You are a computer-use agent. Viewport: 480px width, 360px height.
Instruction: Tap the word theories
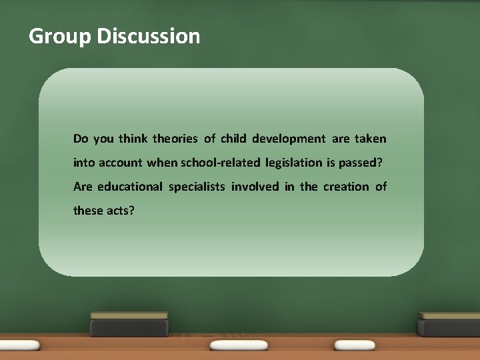tap(175, 139)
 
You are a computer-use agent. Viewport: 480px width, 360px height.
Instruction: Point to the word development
tap(289, 139)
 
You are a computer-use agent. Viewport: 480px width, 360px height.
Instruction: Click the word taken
tap(370, 139)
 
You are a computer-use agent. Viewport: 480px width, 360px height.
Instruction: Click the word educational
tap(129, 187)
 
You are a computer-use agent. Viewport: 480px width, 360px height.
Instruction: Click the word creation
tap(345, 187)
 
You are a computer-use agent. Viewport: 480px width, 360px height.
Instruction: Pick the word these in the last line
tap(87, 211)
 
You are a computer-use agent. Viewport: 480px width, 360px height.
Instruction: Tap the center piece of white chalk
tap(238, 346)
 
